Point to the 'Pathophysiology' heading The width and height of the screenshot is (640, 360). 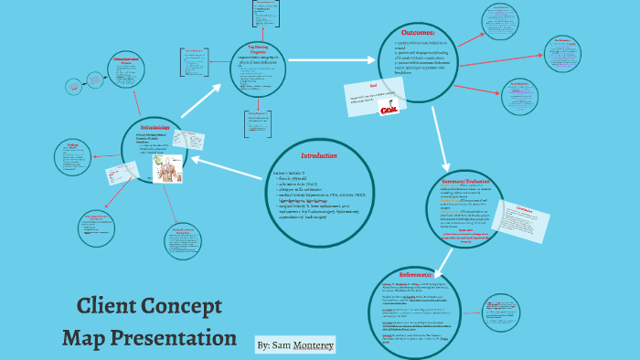[x=155, y=126]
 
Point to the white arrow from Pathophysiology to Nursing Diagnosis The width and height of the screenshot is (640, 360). [x=201, y=101]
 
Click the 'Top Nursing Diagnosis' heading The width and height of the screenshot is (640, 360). [x=252, y=47]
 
